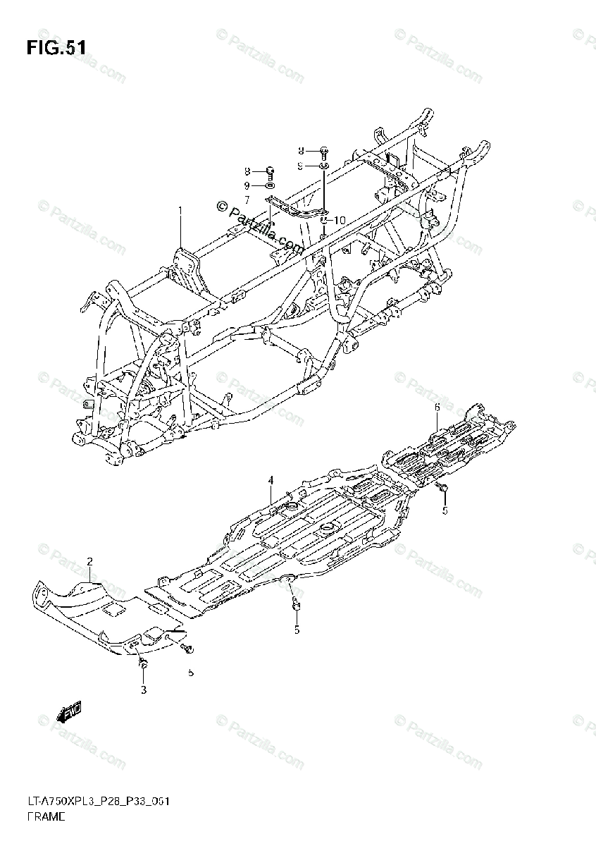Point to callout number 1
click(x=180, y=210)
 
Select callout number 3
click(x=143, y=689)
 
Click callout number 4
click(x=270, y=481)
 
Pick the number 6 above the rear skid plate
click(x=437, y=407)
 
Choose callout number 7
click(x=248, y=200)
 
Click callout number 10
click(x=339, y=220)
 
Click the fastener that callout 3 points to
click(x=143, y=665)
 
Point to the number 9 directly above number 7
click(x=248, y=185)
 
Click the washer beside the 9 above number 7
click(x=269, y=185)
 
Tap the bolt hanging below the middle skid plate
click(x=296, y=603)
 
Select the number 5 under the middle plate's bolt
click(x=297, y=630)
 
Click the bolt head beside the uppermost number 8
click(x=323, y=150)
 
